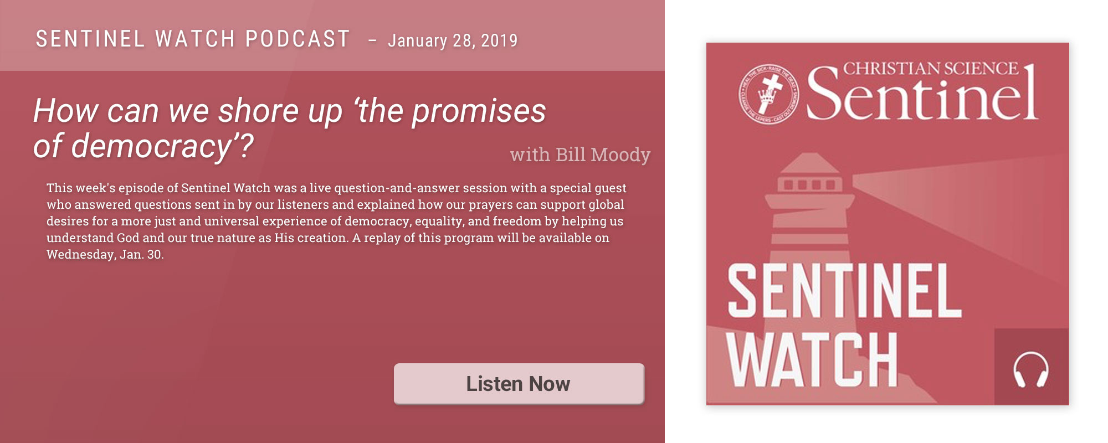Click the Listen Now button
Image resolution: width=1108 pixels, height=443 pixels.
point(519,384)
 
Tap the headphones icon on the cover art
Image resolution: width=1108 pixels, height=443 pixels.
point(1030,369)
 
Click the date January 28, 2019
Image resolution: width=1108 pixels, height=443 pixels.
point(453,40)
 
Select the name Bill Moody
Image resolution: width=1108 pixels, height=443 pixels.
point(603,154)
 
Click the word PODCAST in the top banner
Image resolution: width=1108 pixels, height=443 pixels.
point(297,39)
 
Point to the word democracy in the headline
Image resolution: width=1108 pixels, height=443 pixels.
point(151,146)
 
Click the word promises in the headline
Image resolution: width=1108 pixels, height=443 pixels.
point(479,111)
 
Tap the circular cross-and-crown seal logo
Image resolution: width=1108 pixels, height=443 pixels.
point(769,93)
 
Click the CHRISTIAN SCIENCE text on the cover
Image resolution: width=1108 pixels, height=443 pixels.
point(931,69)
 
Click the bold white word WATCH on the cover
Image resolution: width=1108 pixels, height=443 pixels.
point(812,359)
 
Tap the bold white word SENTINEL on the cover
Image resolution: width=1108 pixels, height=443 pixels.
point(844,290)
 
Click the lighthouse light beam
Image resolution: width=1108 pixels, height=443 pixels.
point(958,216)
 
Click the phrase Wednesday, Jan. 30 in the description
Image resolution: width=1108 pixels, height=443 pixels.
point(104,255)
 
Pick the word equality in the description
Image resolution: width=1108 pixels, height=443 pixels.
point(439,221)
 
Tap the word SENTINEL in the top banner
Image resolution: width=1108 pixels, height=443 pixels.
point(90,39)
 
